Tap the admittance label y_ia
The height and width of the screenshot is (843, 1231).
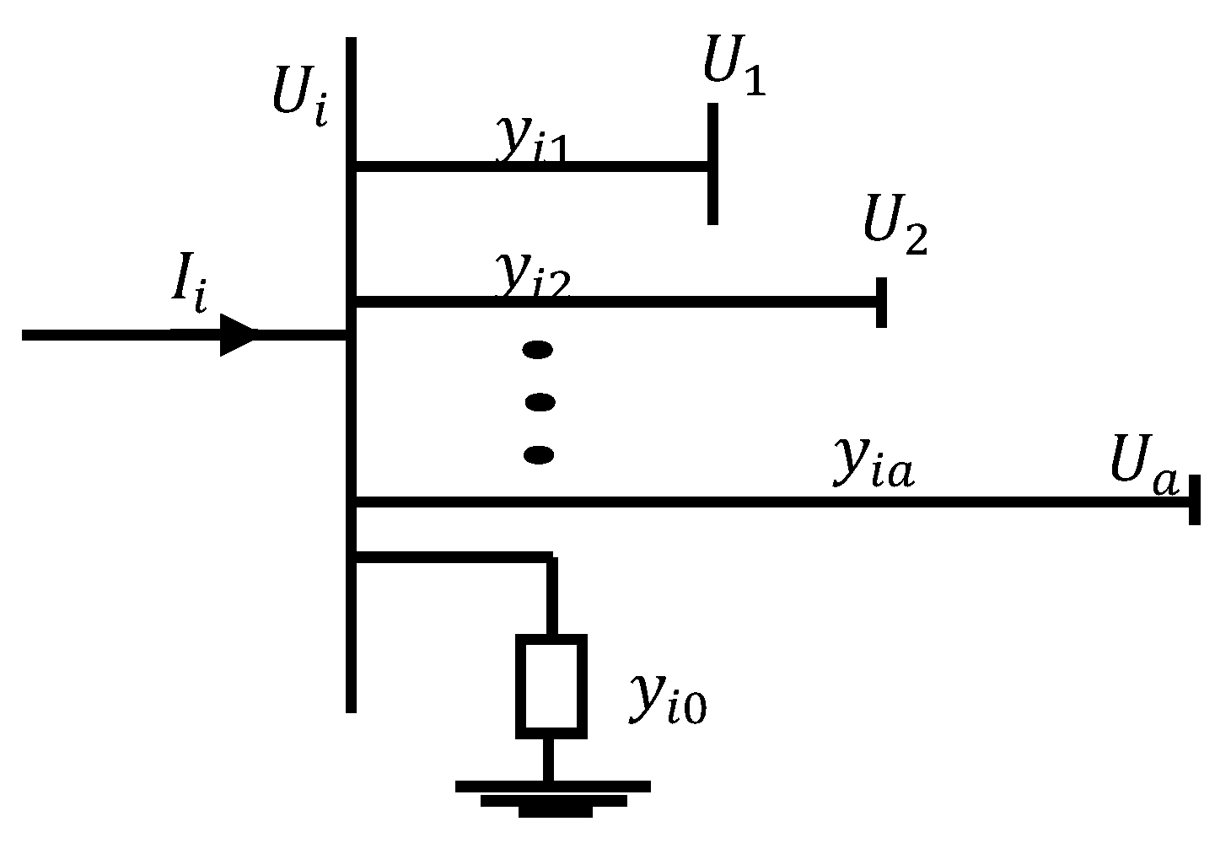click(x=873, y=464)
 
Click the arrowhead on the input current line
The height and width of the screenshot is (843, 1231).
click(x=237, y=335)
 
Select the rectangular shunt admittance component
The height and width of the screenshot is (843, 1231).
click(x=551, y=685)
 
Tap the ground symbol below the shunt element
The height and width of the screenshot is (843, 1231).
click(x=552, y=797)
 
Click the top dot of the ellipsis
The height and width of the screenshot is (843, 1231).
click(x=538, y=349)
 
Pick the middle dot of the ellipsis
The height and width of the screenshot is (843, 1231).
click(x=540, y=402)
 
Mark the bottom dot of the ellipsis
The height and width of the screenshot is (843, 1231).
click(x=539, y=455)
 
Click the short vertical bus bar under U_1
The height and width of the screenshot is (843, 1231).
click(x=712, y=164)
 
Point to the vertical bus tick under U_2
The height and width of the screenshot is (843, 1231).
click(x=881, y=301)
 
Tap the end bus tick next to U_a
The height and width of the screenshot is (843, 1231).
click(x=1194, y=500)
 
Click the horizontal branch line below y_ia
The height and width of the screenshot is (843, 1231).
click(x=759, y=502)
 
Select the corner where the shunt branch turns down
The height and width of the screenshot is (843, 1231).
click(x=551, y=557)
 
